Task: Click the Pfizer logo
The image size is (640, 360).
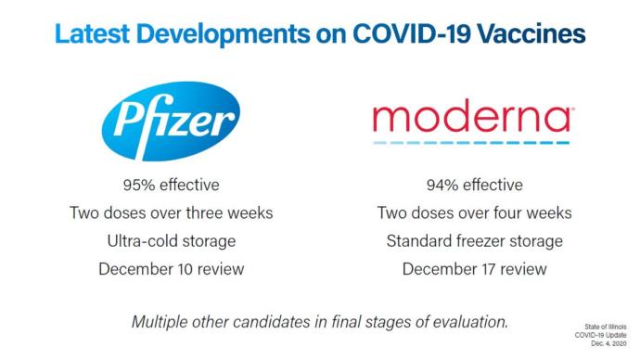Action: click(x=171, y=120)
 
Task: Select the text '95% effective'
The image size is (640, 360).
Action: click(x=171, y=185)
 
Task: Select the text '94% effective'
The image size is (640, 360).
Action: click(x=474, y=185)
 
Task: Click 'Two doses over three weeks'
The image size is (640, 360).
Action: click(x=171, y=213)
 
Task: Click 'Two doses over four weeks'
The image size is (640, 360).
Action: click(x=474, y=213)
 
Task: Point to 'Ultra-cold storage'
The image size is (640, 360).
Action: click(x=171, y=241)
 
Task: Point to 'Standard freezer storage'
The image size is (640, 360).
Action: click(x=474, y=241)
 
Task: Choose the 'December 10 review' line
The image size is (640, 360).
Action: click(x=171, y=270)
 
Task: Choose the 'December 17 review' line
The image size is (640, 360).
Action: click(x=474, y=270)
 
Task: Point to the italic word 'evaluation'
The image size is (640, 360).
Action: click(x=471, y=322)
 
